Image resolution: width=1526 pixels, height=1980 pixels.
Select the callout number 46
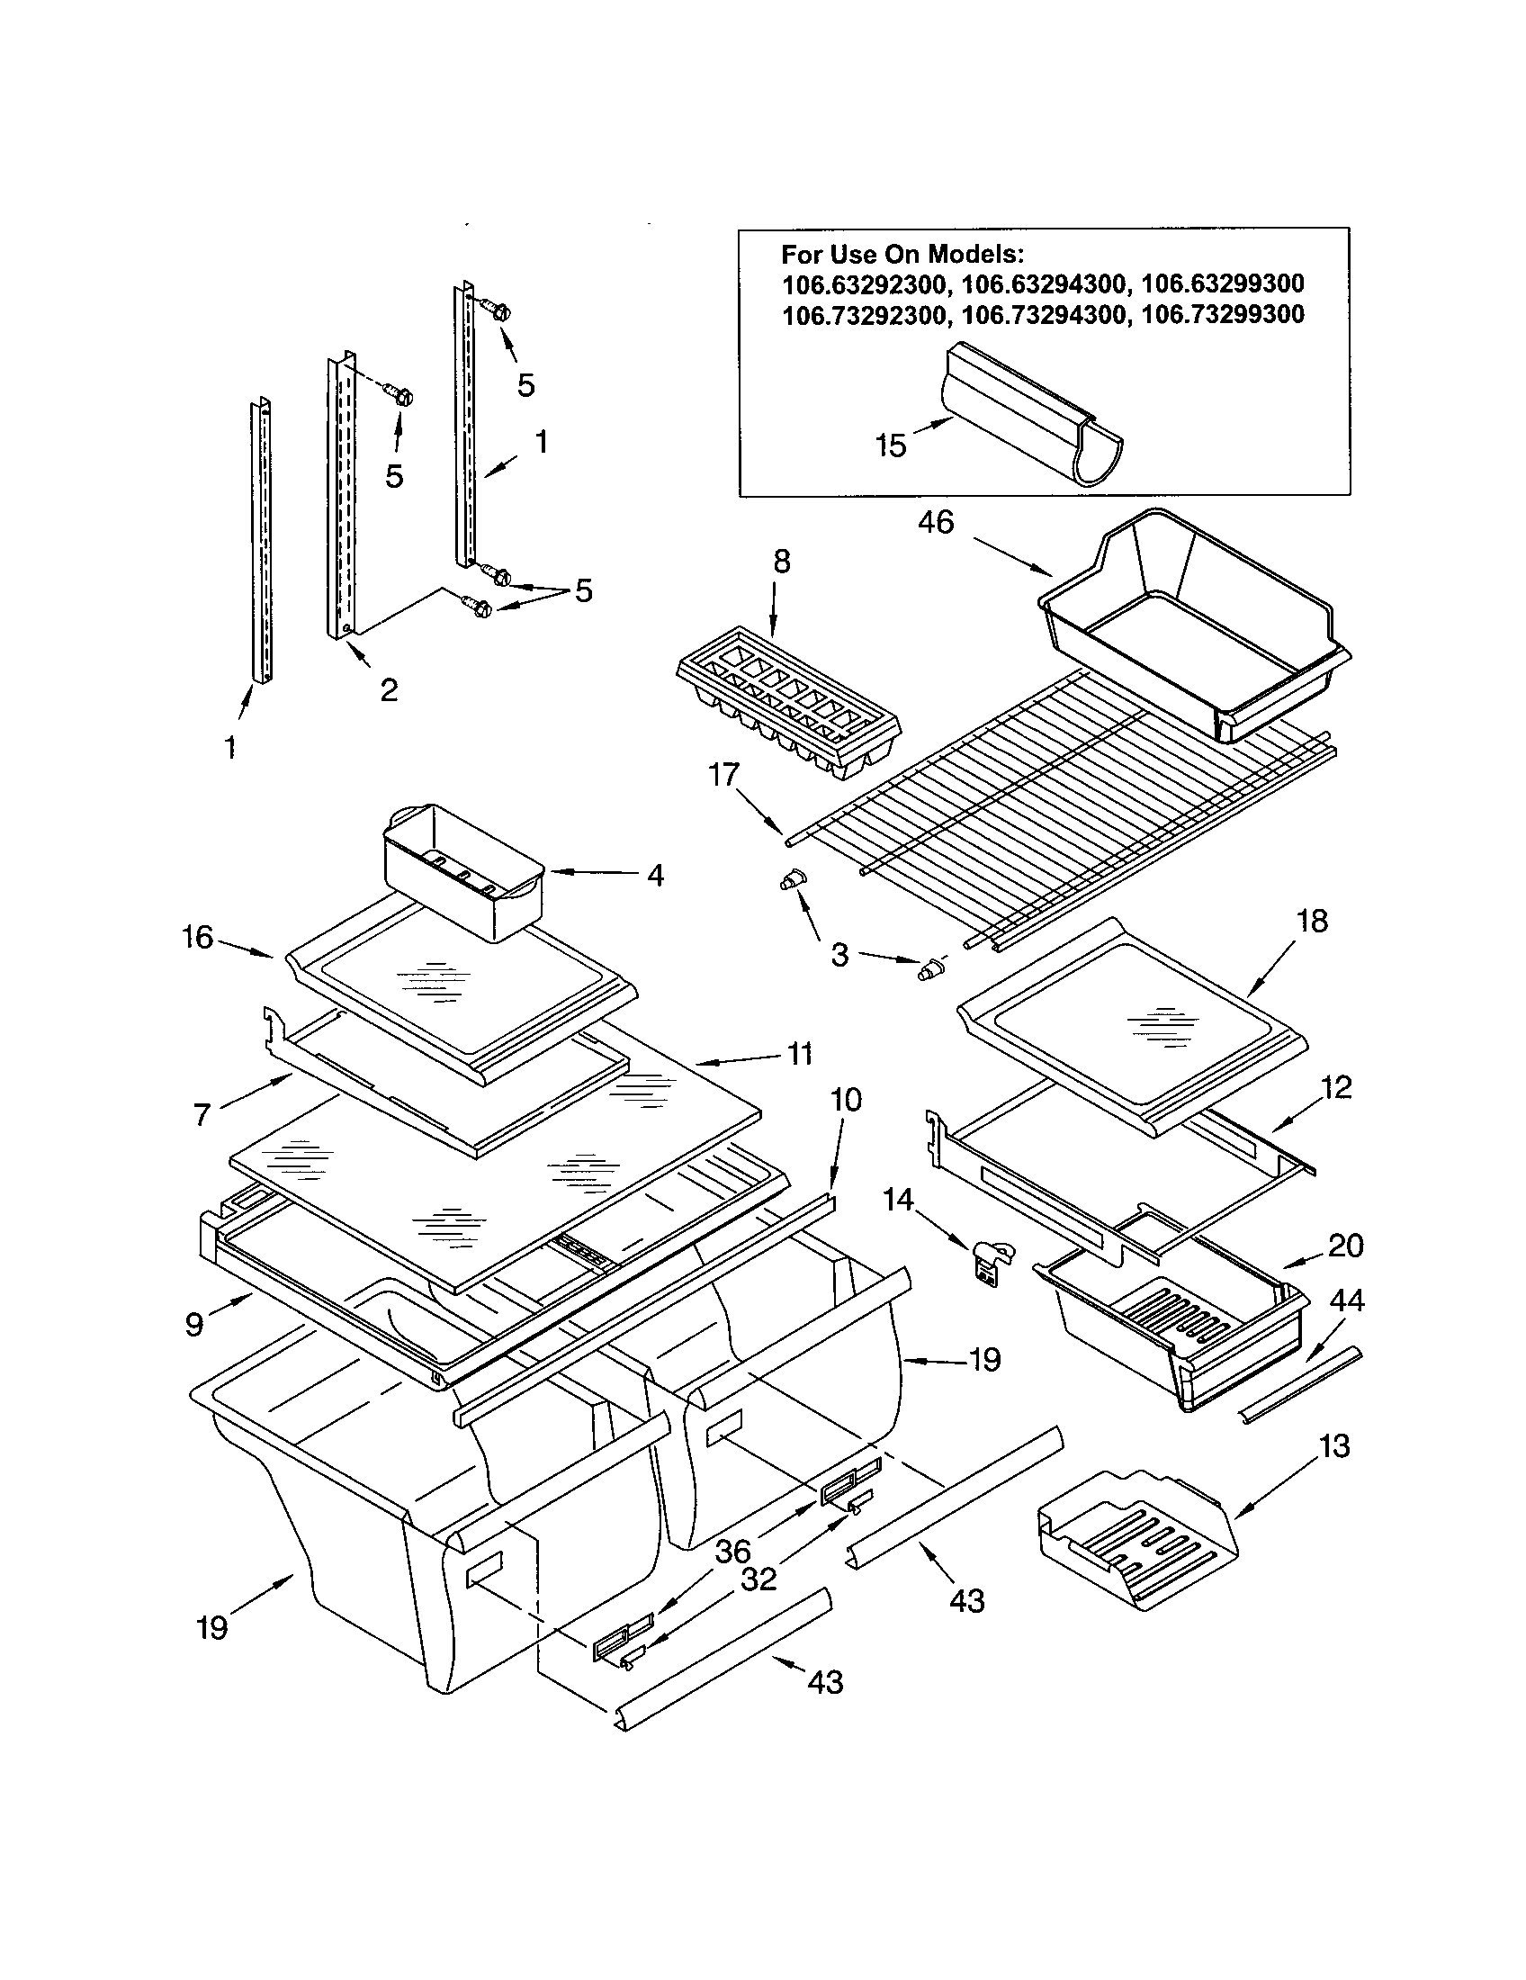point(935,522)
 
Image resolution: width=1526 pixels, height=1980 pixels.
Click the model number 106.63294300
point(1042,285)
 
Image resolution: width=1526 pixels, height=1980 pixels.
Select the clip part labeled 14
point(992,1260)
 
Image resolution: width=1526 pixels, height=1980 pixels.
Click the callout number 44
point(1346,1301)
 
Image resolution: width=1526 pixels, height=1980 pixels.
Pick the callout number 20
point(1346,1246)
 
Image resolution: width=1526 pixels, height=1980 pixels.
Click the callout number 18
point(1311,921)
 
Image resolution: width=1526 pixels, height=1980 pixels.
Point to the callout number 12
point(1336,1086)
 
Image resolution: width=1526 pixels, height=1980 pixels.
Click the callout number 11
point(798,1055)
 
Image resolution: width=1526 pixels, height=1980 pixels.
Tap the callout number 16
point(197,937)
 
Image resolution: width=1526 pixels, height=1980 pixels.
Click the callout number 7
point(202,1114)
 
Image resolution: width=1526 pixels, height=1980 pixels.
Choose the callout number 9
point(194,1325)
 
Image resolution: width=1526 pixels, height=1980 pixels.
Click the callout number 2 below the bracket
point(388,690)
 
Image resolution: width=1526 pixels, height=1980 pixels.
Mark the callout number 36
point(732,1552)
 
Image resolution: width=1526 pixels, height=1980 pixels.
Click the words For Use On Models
point(902,255)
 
